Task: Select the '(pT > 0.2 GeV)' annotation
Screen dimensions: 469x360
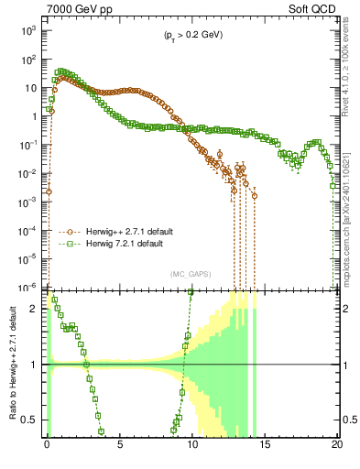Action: (x=188, y=36)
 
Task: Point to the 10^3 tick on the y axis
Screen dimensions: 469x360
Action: (x=28, y=31)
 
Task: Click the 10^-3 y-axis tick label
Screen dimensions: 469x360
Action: (x=27, y=202)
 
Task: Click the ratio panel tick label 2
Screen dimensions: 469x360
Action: (x=36, y=310)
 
